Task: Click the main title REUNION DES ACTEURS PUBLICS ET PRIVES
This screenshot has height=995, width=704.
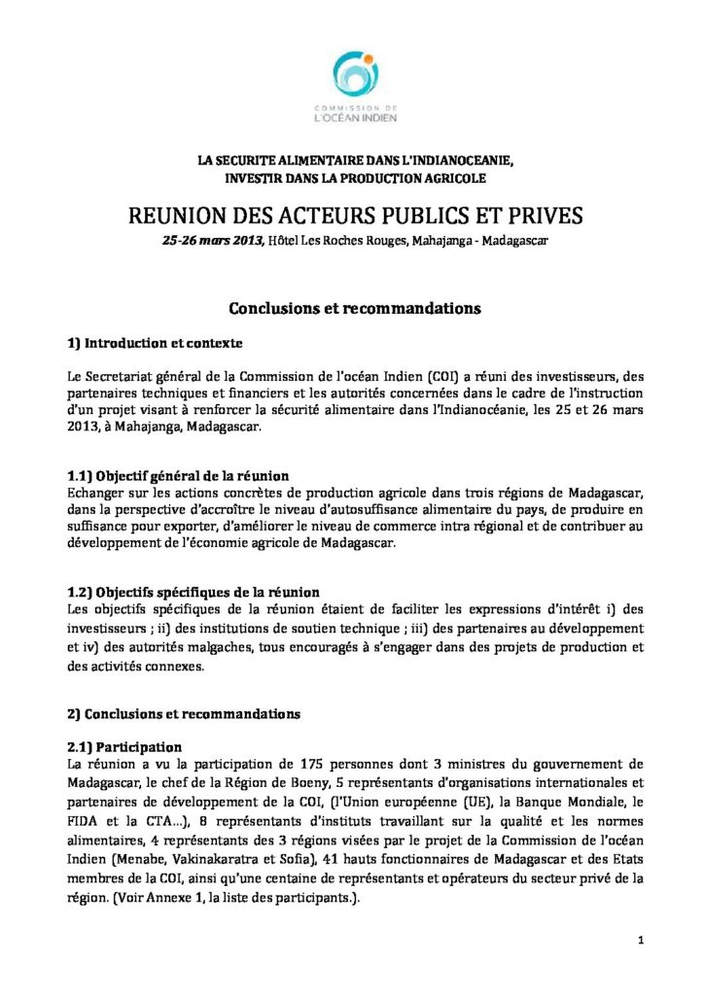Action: pos(352,216)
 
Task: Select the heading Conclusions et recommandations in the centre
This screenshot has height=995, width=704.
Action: pos(352,308)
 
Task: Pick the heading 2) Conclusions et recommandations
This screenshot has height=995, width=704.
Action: pos(183,713)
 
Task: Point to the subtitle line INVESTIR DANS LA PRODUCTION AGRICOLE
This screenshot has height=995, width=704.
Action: pos(352,179)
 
